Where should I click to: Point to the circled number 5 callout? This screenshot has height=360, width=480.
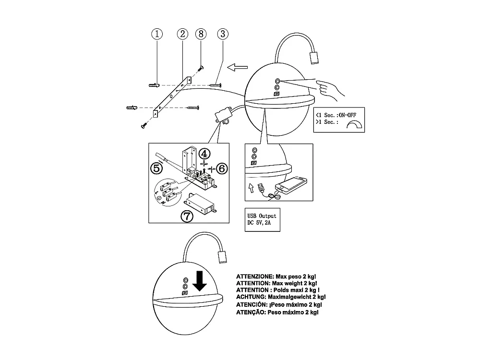156,168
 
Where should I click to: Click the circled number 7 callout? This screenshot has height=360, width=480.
187,216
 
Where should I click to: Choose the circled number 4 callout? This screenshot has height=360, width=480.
204,154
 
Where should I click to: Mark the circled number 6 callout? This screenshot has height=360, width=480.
222,168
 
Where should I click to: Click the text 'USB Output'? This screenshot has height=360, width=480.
261,216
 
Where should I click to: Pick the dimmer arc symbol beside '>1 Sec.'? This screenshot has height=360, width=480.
356,125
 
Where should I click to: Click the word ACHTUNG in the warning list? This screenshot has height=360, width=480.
251,297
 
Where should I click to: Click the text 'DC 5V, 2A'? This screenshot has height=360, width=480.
259,224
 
